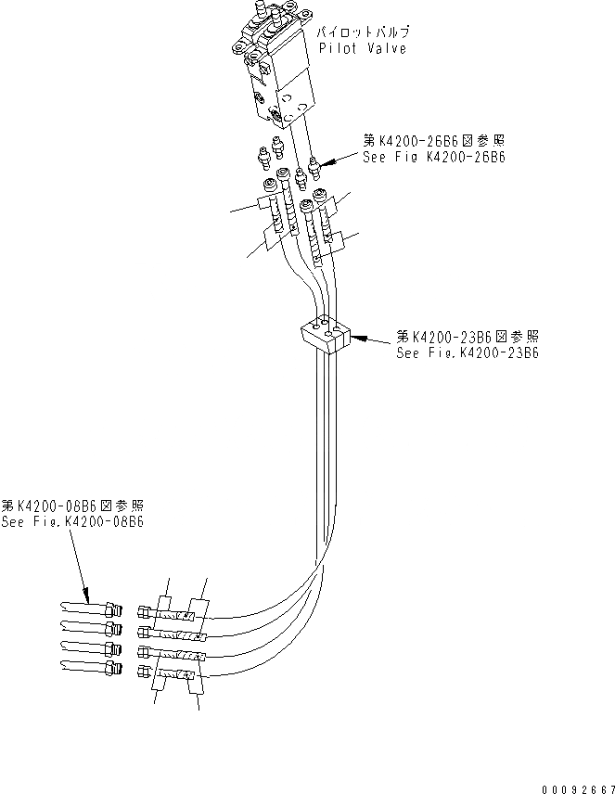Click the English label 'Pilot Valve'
pos(362,48)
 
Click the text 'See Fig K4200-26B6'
pos(433,157)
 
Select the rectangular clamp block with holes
pos(323,336)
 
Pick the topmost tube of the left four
pos(89,609)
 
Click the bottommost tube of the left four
pos(89,668)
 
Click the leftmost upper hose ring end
pos(268,186)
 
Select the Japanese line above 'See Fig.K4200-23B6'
pos(468,336)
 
